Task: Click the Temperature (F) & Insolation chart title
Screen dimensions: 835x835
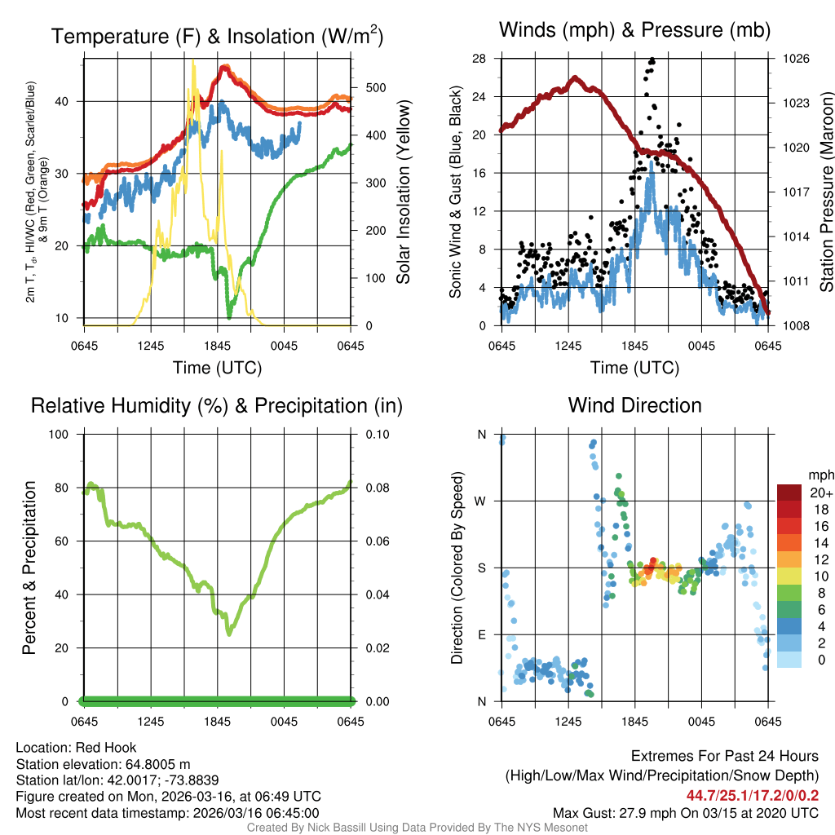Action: pyautogui.click(x=217, y=36)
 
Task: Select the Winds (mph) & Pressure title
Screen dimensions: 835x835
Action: pyautogui.click(x=634, y=30)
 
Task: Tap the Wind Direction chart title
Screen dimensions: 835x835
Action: pyautogui.click(x=634, y=405)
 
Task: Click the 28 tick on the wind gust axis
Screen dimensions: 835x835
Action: pyautogui.click(x=479, y=59)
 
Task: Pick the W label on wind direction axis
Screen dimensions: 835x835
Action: pyautogui.click(x=481, y=501)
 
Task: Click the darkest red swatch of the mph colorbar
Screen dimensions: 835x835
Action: pyautogui.click(x=790, y=493)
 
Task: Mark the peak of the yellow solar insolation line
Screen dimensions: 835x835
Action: pyautogui.click(x=193, y=60)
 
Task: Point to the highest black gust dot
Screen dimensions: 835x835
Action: pyautogui.click(x=652, y=60)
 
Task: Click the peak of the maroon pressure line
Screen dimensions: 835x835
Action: pyautogui.click(x=575, y=77)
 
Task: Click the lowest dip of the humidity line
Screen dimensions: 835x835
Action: pyautogui.click(x=229, y=634)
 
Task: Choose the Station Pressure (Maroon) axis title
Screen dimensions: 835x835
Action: pyautogui.click(x=825, y=192)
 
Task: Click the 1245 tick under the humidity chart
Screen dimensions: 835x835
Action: pyautogui.click(x=151, y=721)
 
